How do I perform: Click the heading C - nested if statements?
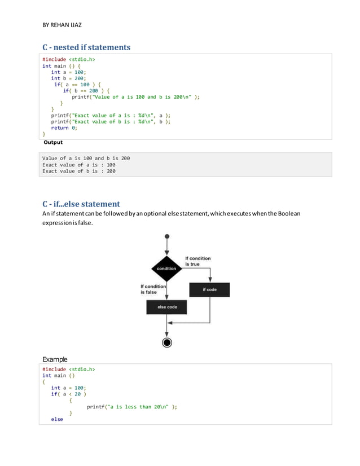coord(86,47)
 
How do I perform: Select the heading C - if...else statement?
coord(81,204)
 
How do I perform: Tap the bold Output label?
coord(53,142)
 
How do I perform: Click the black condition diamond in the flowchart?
coord(166,269)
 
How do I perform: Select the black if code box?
coord(210,289)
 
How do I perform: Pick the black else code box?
coord(166,307)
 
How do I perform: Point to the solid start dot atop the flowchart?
coord(166,237)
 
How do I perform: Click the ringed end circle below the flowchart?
coord(166,342)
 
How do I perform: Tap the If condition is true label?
coord(198,261)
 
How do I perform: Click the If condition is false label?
coord(153,289)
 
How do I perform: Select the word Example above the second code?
coord(55,359)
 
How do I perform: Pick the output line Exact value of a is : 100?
coord(79,165)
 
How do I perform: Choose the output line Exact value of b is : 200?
coord(79,171)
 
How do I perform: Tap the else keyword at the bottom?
coord(57,419)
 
